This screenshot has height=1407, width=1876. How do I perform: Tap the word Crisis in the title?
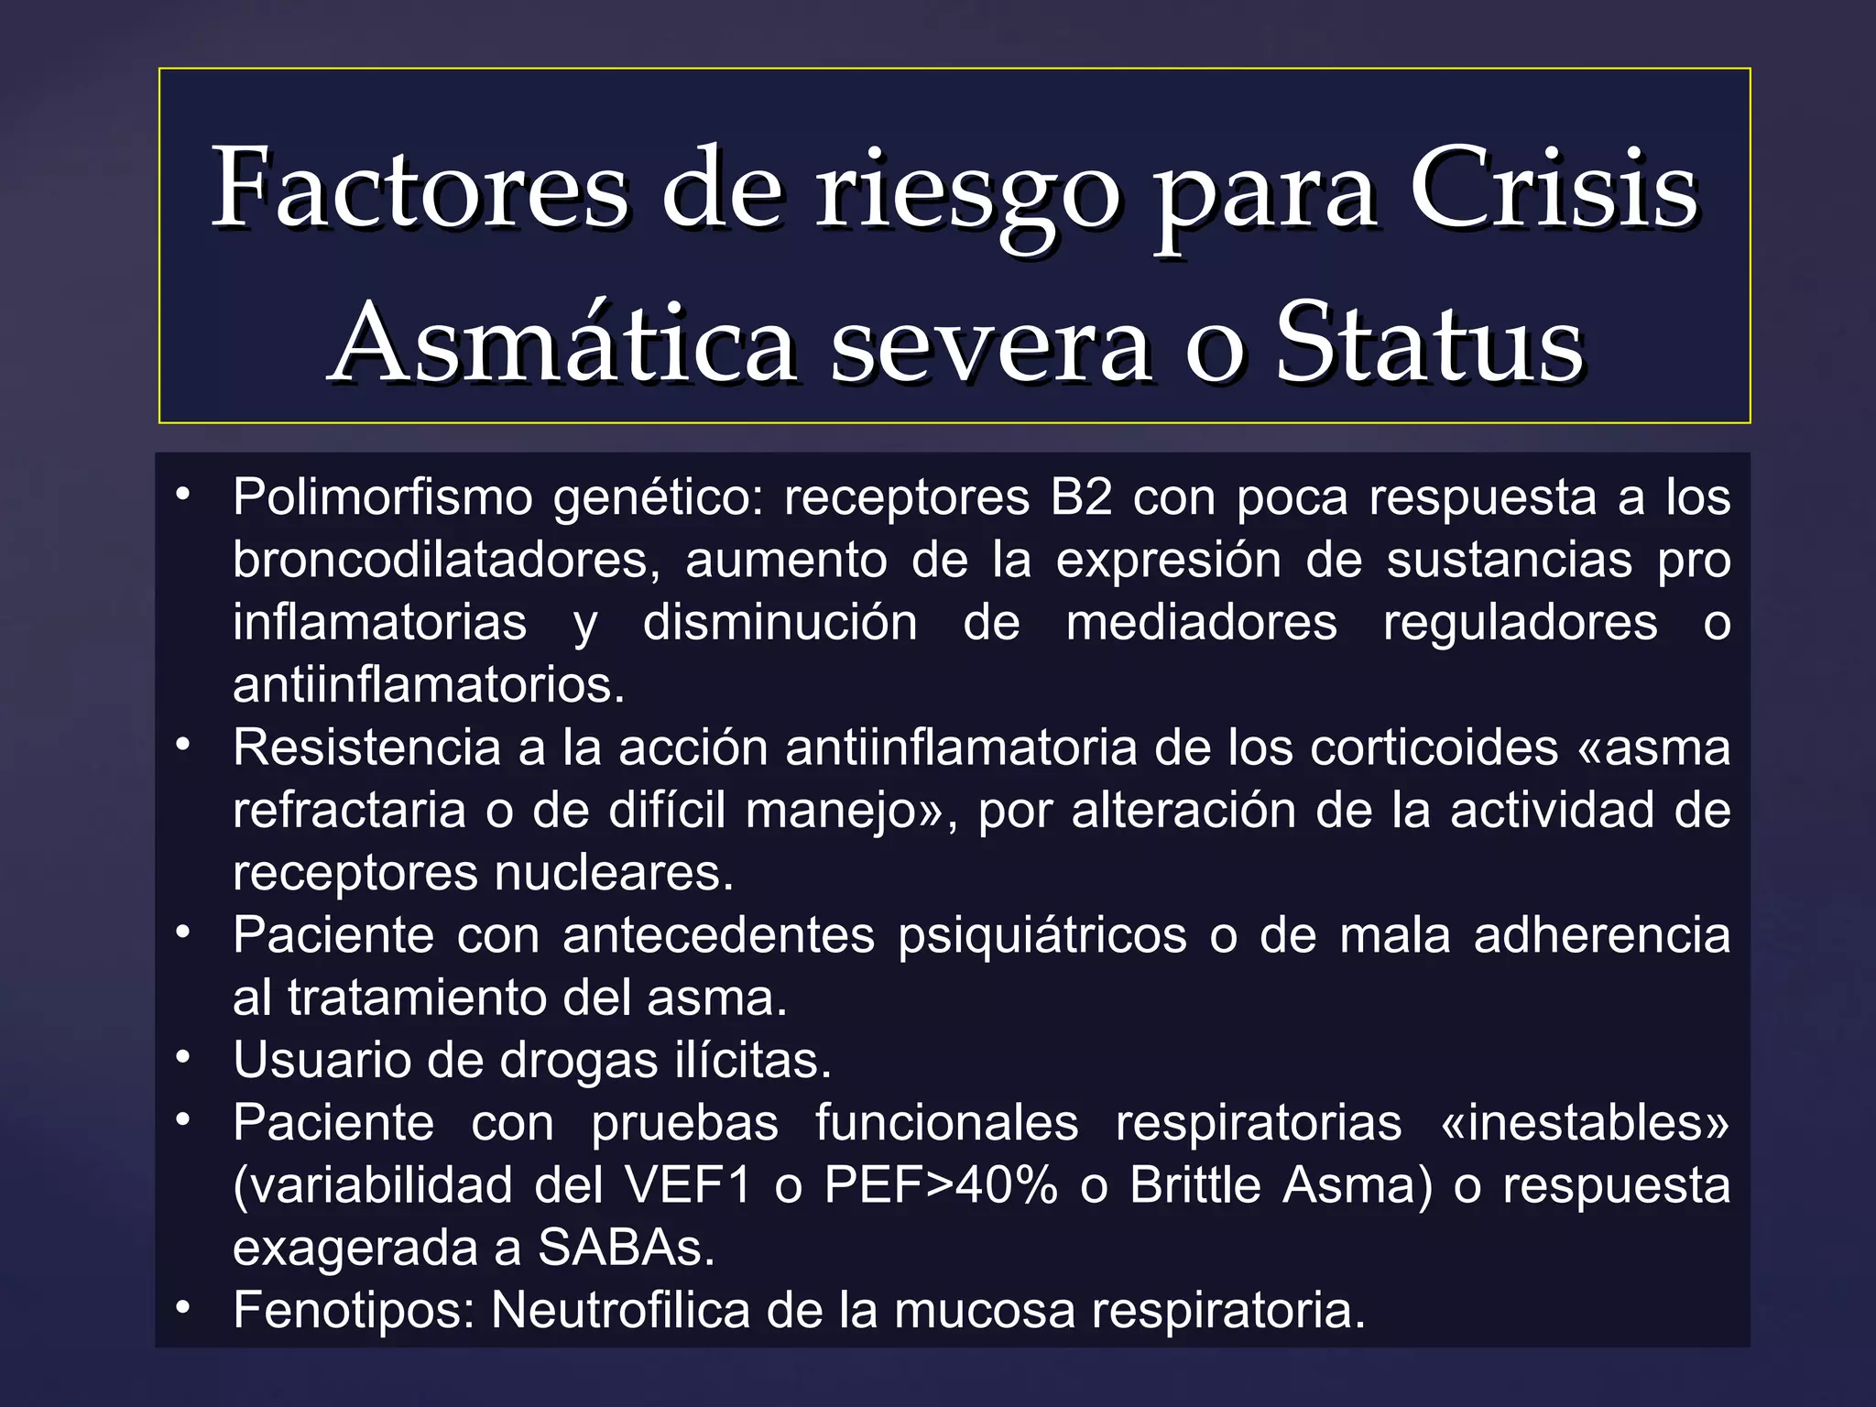coord(1554,189)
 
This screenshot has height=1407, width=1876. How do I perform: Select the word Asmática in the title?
coord(562,344)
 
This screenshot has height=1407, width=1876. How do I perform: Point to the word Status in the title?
coord(1430,344)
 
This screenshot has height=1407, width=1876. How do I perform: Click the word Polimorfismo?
coord(383,498)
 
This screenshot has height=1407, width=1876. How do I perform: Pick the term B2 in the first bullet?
coord(1081,498)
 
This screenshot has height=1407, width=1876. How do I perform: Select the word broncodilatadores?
coord(446,561)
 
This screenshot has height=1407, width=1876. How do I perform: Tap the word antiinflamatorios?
coord(429,685)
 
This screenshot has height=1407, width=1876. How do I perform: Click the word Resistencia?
coord(366,747)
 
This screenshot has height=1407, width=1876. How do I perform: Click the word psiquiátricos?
coord(1042,935)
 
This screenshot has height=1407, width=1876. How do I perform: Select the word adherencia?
coord(1602,935)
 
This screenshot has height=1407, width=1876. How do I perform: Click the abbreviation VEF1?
coord(688,1185)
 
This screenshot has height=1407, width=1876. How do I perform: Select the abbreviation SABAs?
coord(626,1248)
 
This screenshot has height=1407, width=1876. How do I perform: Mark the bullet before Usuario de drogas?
coord(184,1058)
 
